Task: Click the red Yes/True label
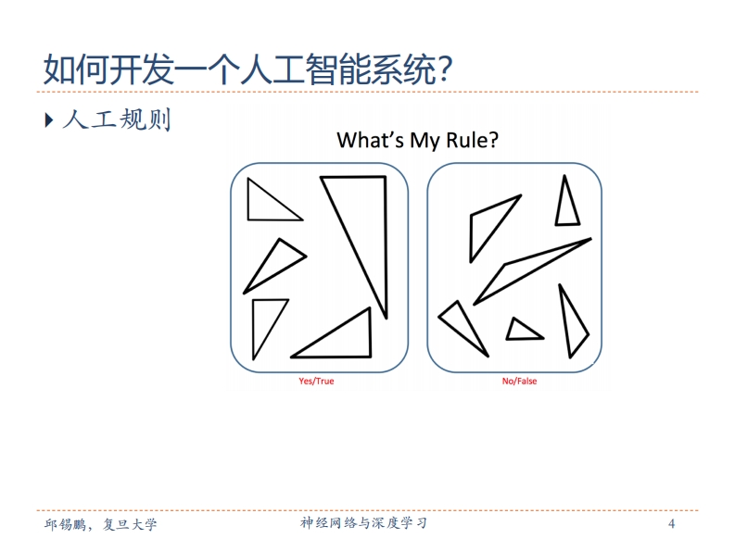tap(316, 381)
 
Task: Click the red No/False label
tap(519, 381)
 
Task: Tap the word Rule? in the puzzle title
tap(472, 140)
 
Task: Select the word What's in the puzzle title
tap(370, 140)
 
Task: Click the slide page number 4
tap(671, 523)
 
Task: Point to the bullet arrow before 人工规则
tap(49, 120)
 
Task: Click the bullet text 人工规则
tap(116, 119)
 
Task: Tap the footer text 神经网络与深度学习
tap(363, 523)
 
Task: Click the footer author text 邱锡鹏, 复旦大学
tap(100, 524)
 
